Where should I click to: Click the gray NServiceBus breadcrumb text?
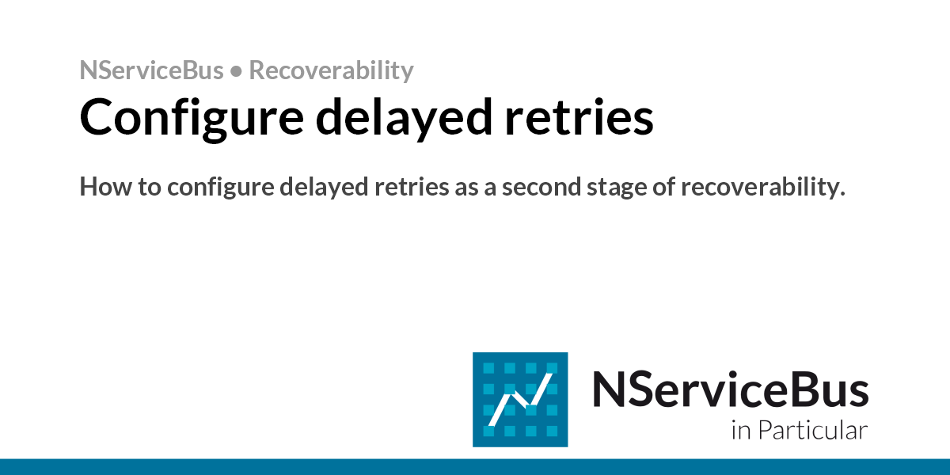151,70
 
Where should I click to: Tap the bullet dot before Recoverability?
236,71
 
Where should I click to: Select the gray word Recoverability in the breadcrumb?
331,71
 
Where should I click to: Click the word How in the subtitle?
101,188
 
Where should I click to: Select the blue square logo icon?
520,399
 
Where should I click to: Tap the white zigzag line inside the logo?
519,400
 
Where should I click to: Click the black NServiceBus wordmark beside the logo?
730,389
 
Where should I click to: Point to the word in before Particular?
740,431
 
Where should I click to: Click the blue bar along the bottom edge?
475,466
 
